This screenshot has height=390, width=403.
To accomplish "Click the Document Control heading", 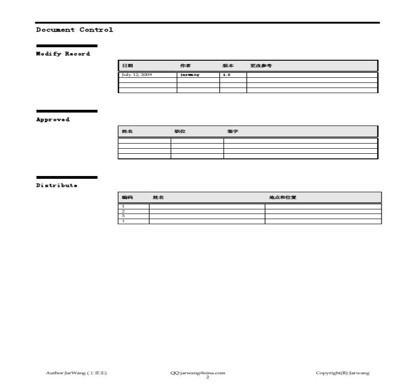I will click(x=75, y=30).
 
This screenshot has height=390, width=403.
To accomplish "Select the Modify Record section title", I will click(x=63, y=54).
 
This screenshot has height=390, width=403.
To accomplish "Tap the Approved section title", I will click(x=53, y=120).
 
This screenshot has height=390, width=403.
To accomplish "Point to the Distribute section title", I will click(x=57, y=186).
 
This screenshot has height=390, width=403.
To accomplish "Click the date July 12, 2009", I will click(x=137, y=75).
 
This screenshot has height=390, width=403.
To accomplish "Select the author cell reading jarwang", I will click(x=189, y=75).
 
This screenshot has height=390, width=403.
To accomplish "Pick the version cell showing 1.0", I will click(x=227, y=75).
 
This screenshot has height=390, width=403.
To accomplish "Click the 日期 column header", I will click(x=127, y=66).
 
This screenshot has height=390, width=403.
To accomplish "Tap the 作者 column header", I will click(x=185, y=66).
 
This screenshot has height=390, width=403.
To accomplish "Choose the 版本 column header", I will click(x=228, y=66).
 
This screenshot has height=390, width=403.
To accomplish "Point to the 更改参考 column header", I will click(x=261, y=66).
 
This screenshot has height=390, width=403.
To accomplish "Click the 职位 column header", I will click(x=180, y=132).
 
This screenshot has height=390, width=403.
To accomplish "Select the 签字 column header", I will click(x=233, y=132).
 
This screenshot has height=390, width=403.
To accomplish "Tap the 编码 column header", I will click(x=127, y=198).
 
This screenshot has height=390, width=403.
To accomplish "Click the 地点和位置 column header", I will click(x=283, y=198).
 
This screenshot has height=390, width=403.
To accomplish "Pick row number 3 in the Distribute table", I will click(x=123, y=216).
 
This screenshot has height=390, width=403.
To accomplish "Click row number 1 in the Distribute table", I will click(x=123, y=206).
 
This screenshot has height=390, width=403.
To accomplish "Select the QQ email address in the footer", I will click(x=198, y=373).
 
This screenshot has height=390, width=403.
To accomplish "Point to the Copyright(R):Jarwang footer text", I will click(x=342, y=373).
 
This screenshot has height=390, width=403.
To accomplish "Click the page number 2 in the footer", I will click(x=208, y=377).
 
